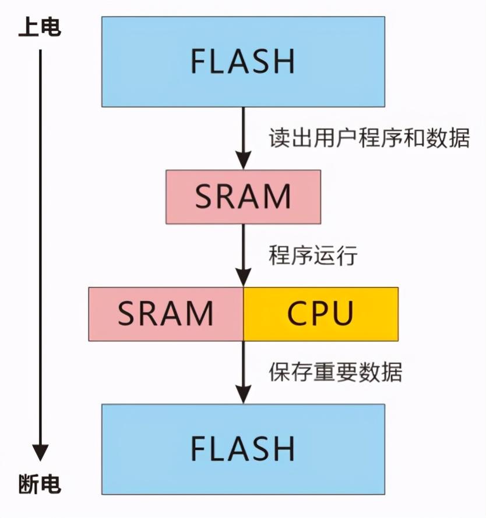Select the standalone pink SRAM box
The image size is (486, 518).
tap(243, 197)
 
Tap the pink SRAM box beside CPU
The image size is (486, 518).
tap(166, 314)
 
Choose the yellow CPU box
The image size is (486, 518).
tap(321, 314)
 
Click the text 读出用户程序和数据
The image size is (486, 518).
tap(369, 138)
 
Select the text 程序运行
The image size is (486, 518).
tap(312, 256)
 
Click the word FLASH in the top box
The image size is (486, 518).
tap(243, 62)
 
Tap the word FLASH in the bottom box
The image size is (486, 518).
tap(243, 448)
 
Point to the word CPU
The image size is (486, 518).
tap(321, 314)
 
